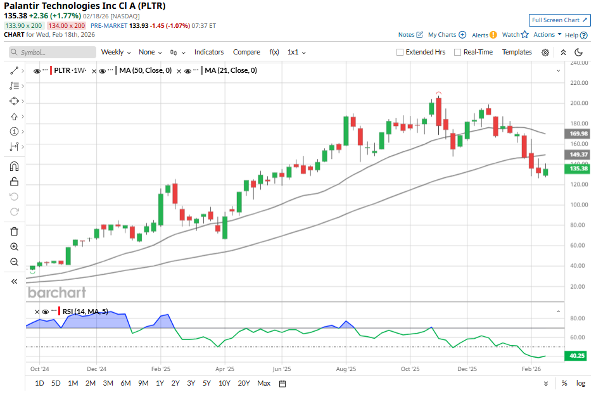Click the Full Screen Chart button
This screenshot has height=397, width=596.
point(559,20)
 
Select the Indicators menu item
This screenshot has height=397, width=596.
point(209,52)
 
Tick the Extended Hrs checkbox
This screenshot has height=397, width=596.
point(421,52)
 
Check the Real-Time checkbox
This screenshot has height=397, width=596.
point(473,52)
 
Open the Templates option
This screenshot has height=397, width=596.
point(517,52)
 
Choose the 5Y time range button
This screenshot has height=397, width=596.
point(206,383)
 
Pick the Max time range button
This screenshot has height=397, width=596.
point(264,383)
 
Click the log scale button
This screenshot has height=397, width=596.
point(580,383)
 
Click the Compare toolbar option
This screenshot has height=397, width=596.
point(246,52)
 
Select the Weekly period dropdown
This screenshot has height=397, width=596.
point(116,52)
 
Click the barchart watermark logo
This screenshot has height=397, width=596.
point(57,293)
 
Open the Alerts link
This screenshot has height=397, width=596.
point(484,35)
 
